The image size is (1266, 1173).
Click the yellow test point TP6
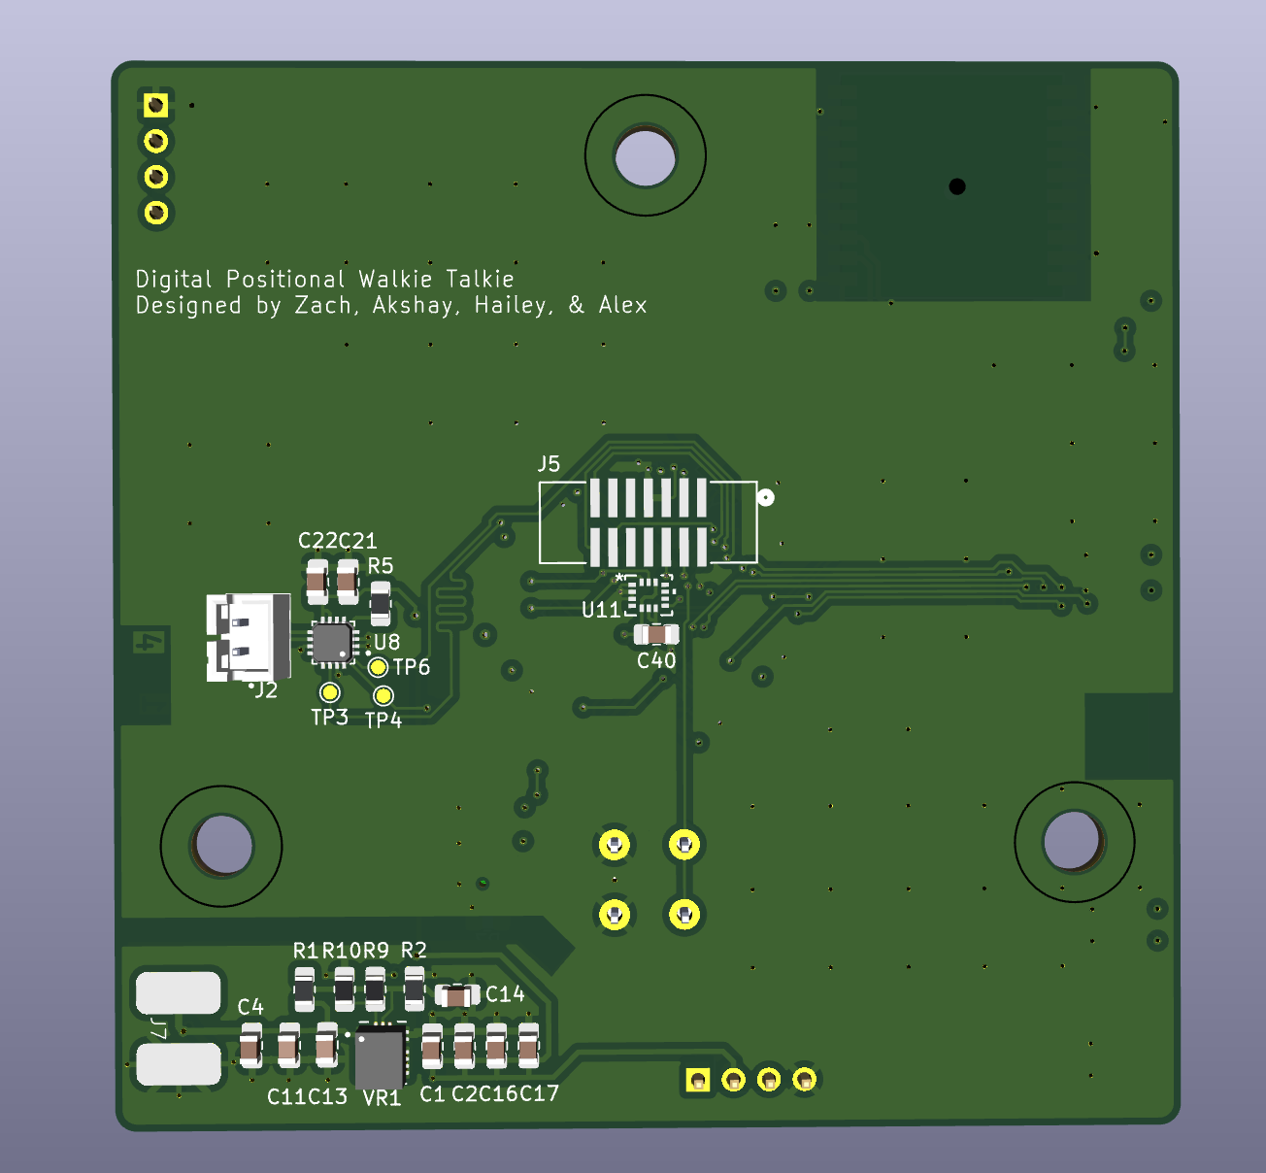click(x=379, y=667)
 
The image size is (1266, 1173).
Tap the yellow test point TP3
click(x=330, y=692)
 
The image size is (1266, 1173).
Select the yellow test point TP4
click(x=383, y=695)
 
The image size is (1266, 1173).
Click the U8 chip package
click(x=331, y=643)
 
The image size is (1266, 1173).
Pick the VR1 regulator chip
click(x=380, y=1056)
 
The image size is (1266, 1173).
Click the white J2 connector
click(x=249, y=637)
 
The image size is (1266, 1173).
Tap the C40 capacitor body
click(x=656, y=635)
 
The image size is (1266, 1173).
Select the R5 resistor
click(x=381, y=602)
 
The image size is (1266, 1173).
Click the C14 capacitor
click(x=457, y=995)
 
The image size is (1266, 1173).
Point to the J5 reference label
click(x=550, y=464)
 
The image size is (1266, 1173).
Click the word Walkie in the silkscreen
click(x=395, y=280)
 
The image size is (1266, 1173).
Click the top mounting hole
click(x=646, y=155)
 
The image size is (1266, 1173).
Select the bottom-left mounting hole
click(x=222, y=846)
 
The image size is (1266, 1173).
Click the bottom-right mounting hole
click(x=1073, y=842)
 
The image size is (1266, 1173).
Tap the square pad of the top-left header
click(x=155, y=105)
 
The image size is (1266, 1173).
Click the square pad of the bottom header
click(x=697, y=1080)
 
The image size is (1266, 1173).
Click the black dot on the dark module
click(x=957, y=186)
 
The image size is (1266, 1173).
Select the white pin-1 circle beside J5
click(x=766, y=498)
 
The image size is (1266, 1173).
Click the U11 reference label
click(x=600, y=610)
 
